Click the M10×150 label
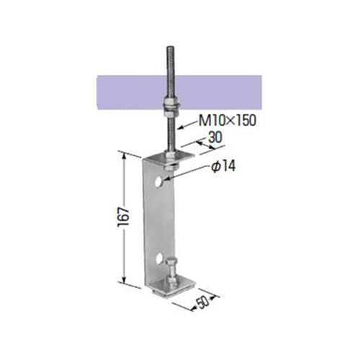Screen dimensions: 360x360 click(x=228, y=120)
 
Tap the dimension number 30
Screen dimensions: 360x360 click(x=215, y=138)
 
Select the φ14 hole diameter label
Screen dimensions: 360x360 click(x=223, y=166)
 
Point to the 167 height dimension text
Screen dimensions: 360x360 click(x=124, y=217)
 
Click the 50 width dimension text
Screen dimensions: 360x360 click(x=203, y=303)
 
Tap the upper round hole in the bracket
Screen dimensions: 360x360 click(x=158, y=181)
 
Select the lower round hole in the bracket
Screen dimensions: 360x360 click(x=158, y=259)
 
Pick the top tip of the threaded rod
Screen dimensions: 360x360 click(x=171, y=47)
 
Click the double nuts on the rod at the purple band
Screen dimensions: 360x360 click(x=171, y=105)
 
